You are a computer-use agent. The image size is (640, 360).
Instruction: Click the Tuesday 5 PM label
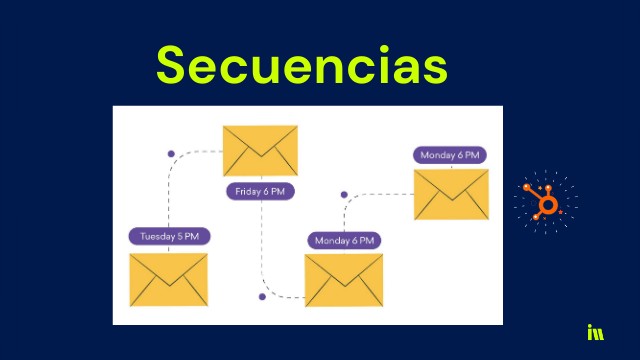click(168, 237)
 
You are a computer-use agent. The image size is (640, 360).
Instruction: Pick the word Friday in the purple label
click(250, 191)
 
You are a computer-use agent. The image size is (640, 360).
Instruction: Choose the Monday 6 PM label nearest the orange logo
click(450, 155)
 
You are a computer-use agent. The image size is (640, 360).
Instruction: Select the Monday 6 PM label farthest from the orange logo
click(344, 241)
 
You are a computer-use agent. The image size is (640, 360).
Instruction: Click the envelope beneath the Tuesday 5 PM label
click(168, 279)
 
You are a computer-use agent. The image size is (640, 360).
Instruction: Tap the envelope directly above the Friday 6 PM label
click(261, 151)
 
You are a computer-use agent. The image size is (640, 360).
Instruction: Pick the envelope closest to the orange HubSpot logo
click(451, 194)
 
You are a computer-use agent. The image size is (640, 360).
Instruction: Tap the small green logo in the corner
click(596, 333)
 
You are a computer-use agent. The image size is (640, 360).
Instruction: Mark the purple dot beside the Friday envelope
click(171, 153)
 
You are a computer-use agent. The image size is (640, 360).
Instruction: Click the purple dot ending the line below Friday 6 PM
click(262, 297)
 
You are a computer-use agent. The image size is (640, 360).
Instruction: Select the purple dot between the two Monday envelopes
click(344, 195)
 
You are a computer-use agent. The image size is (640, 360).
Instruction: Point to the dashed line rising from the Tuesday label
click(168, 195)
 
